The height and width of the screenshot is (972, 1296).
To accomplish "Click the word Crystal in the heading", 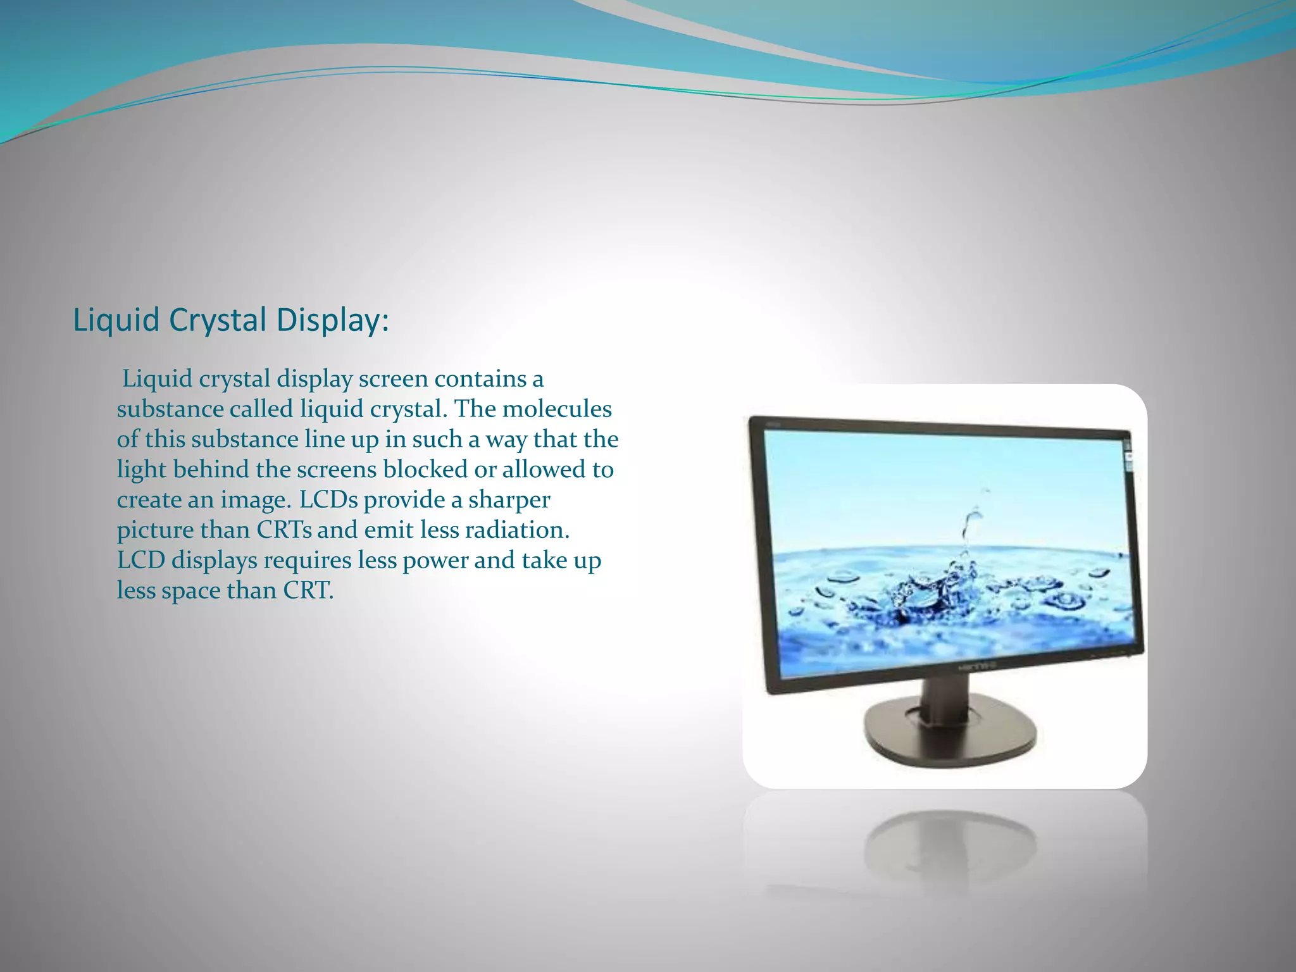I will pos(218,320).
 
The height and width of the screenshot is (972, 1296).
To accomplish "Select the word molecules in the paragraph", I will pos(557,409).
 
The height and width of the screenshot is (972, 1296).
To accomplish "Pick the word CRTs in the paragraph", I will pos(284,530).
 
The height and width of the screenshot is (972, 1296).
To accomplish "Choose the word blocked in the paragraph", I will pos(425,470).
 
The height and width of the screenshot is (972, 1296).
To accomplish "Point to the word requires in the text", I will pos(307,561).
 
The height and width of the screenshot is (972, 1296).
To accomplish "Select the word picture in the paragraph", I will pos(154,530).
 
